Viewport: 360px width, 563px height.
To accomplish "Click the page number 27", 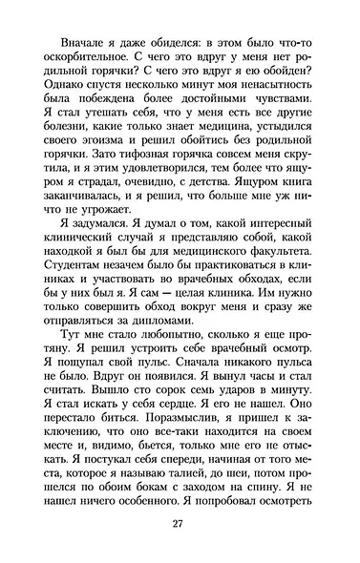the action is [x=179, y=523].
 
